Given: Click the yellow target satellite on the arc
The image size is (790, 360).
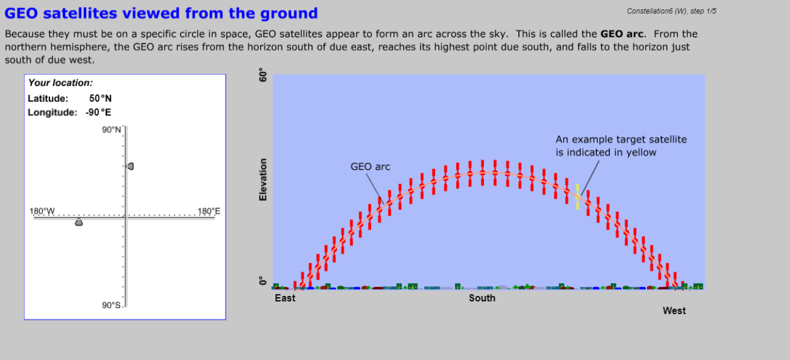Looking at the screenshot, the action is click(577, 197).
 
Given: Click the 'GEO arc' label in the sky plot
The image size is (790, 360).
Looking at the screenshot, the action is click(370, 166).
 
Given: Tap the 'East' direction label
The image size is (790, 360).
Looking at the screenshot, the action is click(285, 298).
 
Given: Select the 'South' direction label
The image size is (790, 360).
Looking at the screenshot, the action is click(482, 298).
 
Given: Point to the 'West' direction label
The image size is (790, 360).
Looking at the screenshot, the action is click(674, 311).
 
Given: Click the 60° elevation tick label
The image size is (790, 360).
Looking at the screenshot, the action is click(263, 75).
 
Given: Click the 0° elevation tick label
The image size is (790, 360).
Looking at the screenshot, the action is click(263, 281).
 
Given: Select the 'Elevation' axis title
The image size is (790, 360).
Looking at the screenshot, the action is click(263, 180).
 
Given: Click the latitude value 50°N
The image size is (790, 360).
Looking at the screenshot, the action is click(100, 98).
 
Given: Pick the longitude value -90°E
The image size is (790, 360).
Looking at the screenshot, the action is click(98, 112).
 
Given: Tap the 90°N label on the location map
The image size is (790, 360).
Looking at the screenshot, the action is click(112, 130).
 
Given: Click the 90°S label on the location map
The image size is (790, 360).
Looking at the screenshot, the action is click(111, 305).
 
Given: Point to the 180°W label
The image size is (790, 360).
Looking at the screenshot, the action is click(42, 211).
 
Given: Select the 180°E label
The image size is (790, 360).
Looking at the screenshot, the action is click(209, 211).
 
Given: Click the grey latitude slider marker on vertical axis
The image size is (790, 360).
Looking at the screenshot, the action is click(130, 166).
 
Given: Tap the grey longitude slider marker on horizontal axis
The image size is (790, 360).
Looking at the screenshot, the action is click(79, 222).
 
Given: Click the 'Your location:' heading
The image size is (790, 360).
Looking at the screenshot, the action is click(61, 83).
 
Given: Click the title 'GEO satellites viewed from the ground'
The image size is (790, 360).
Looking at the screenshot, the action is click(161, 13).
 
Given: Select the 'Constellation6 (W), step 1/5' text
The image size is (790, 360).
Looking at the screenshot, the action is click(671, 11).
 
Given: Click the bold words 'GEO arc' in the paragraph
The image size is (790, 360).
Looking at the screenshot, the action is click(622, 34).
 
